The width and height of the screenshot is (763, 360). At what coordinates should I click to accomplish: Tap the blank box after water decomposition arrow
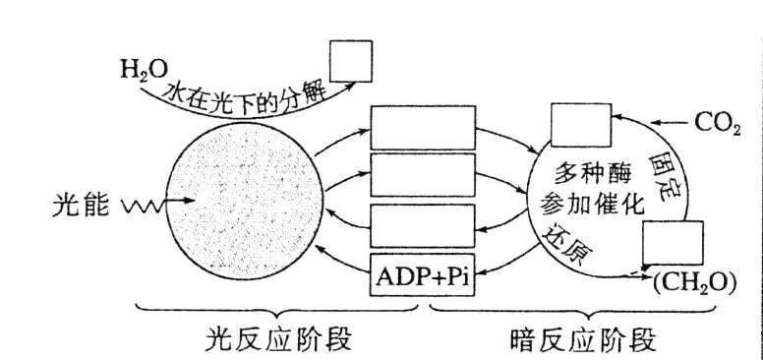[350, 61]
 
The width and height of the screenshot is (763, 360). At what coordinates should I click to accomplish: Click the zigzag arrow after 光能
[144, 205]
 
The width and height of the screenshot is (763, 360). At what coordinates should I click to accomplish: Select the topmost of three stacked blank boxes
[422, 126]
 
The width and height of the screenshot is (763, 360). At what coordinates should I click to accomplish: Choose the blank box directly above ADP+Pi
[422, 226]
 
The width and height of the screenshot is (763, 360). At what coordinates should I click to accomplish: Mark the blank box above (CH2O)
[672, 243]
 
